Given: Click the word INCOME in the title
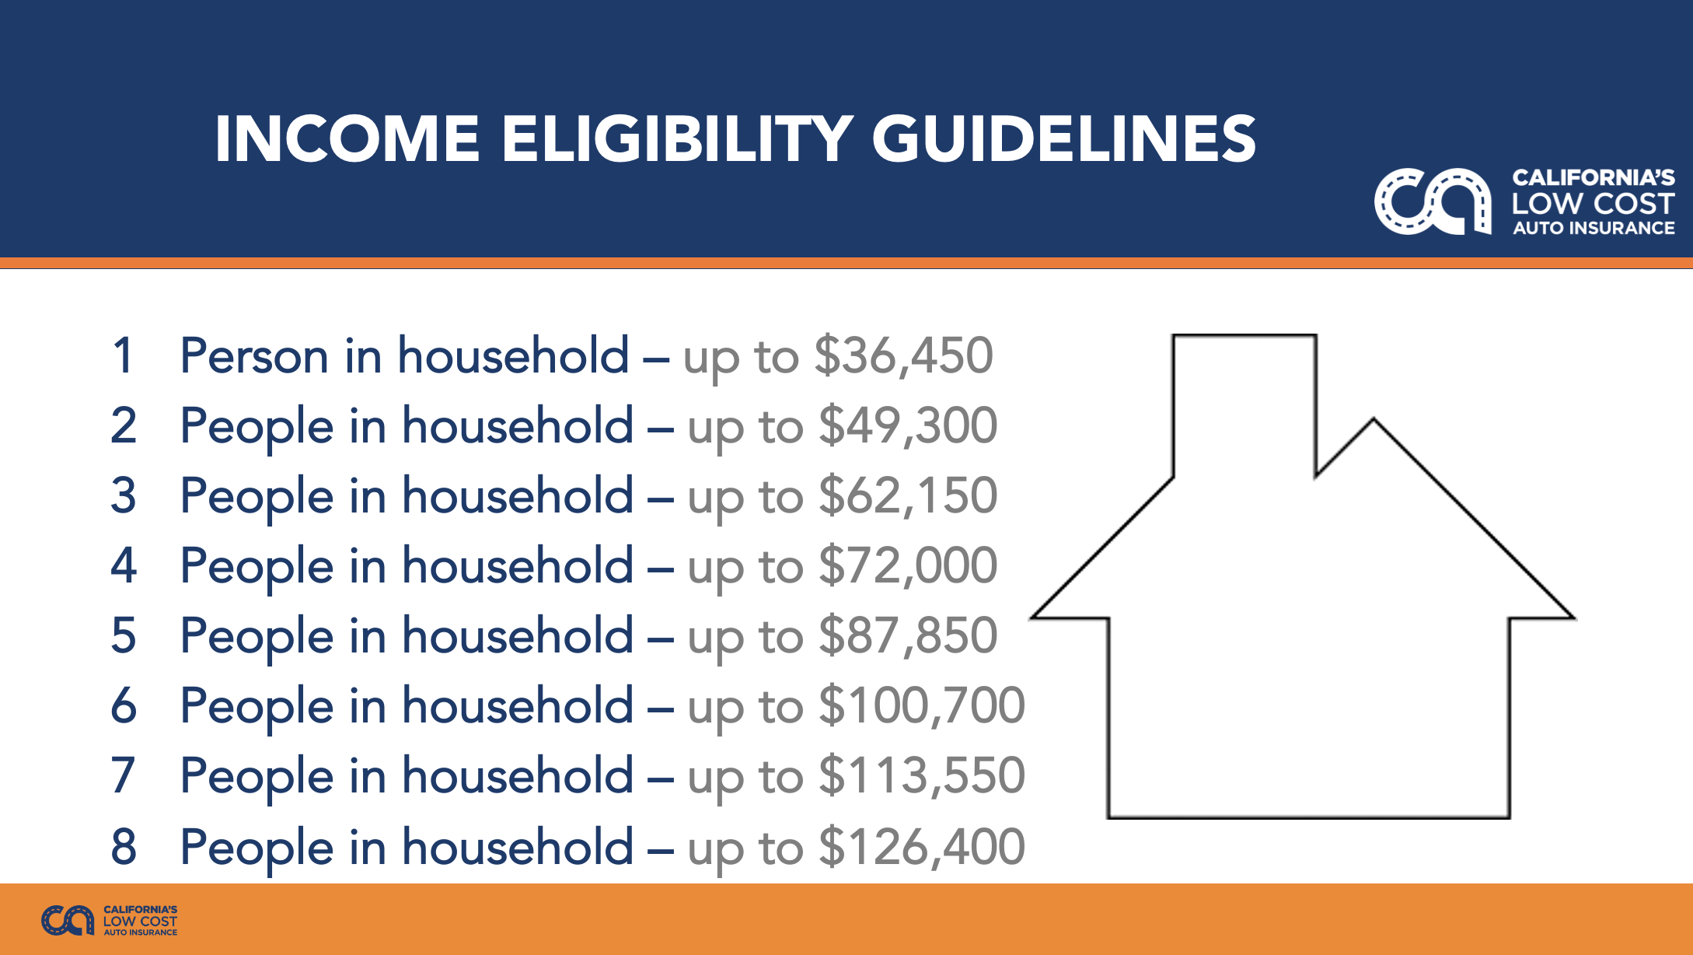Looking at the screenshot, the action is click(x=347, y=139).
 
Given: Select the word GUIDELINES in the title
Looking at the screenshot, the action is click(x=1064, y=139).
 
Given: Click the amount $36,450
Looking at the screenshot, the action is click(x=903, y=356).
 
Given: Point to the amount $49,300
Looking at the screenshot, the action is click(x=908, y=426).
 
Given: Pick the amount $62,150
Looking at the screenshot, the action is click(x=908, y=496).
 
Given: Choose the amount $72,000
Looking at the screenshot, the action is click(x=908, y=566).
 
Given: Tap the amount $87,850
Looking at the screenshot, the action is click(x=908, y=636).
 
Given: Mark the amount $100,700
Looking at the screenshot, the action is click(x=922, y=706).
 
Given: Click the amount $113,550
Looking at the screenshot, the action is click(x=922, y=776).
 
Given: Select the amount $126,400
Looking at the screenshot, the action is click(x=922, y=847).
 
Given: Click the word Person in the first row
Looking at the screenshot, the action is click(x=254, y=356).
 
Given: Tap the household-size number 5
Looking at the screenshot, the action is click(x=124, y=636).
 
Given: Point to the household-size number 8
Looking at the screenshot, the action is click(x=124, y=847).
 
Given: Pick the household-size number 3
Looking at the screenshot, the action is click(x=124, y=496).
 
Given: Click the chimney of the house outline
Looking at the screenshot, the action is click(x=1244, y=336).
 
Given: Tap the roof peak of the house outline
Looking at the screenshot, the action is click(x=1374, y=419).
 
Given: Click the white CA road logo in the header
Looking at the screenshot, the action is click(x=1433, y=201).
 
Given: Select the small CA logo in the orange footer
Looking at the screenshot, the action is click(x=68, y=921).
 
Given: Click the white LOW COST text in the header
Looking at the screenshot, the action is click(x=1593, y=204).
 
